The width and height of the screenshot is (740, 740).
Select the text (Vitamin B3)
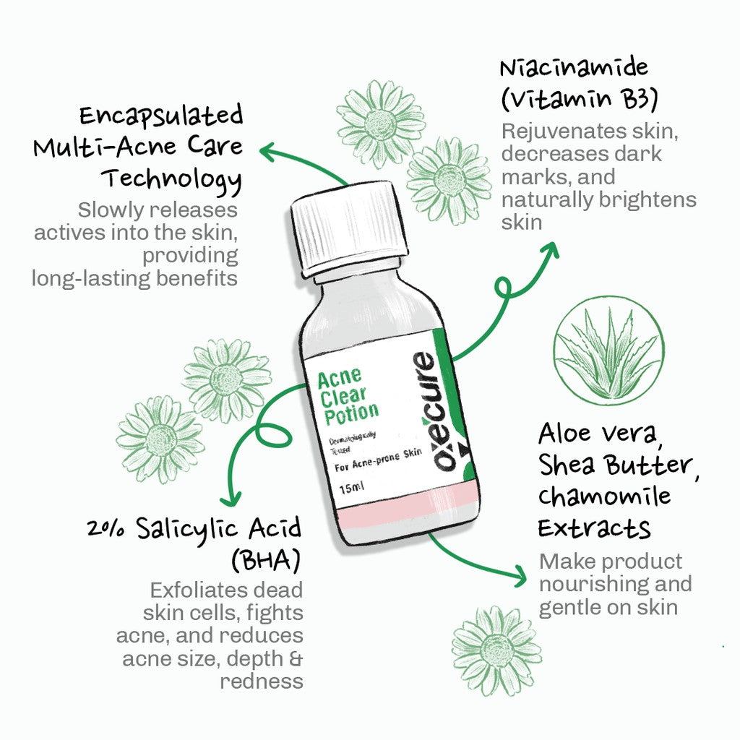(x=579, y=100)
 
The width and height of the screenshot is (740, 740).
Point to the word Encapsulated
(x=161, y=116)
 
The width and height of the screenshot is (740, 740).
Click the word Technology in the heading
(x=171, y=178)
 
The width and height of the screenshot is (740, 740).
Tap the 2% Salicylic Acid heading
(x=194, y=529)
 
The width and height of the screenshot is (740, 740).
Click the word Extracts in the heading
(x=594, y=528)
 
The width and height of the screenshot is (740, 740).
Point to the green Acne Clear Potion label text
(x=347, y=395)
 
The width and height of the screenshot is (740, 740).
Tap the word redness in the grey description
(x=262, y=681)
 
